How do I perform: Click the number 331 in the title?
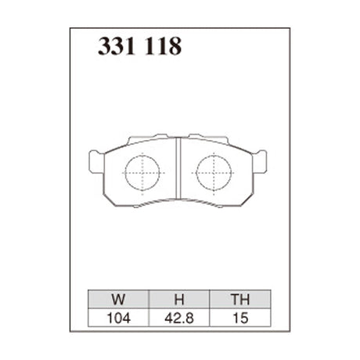tap(119, 48)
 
